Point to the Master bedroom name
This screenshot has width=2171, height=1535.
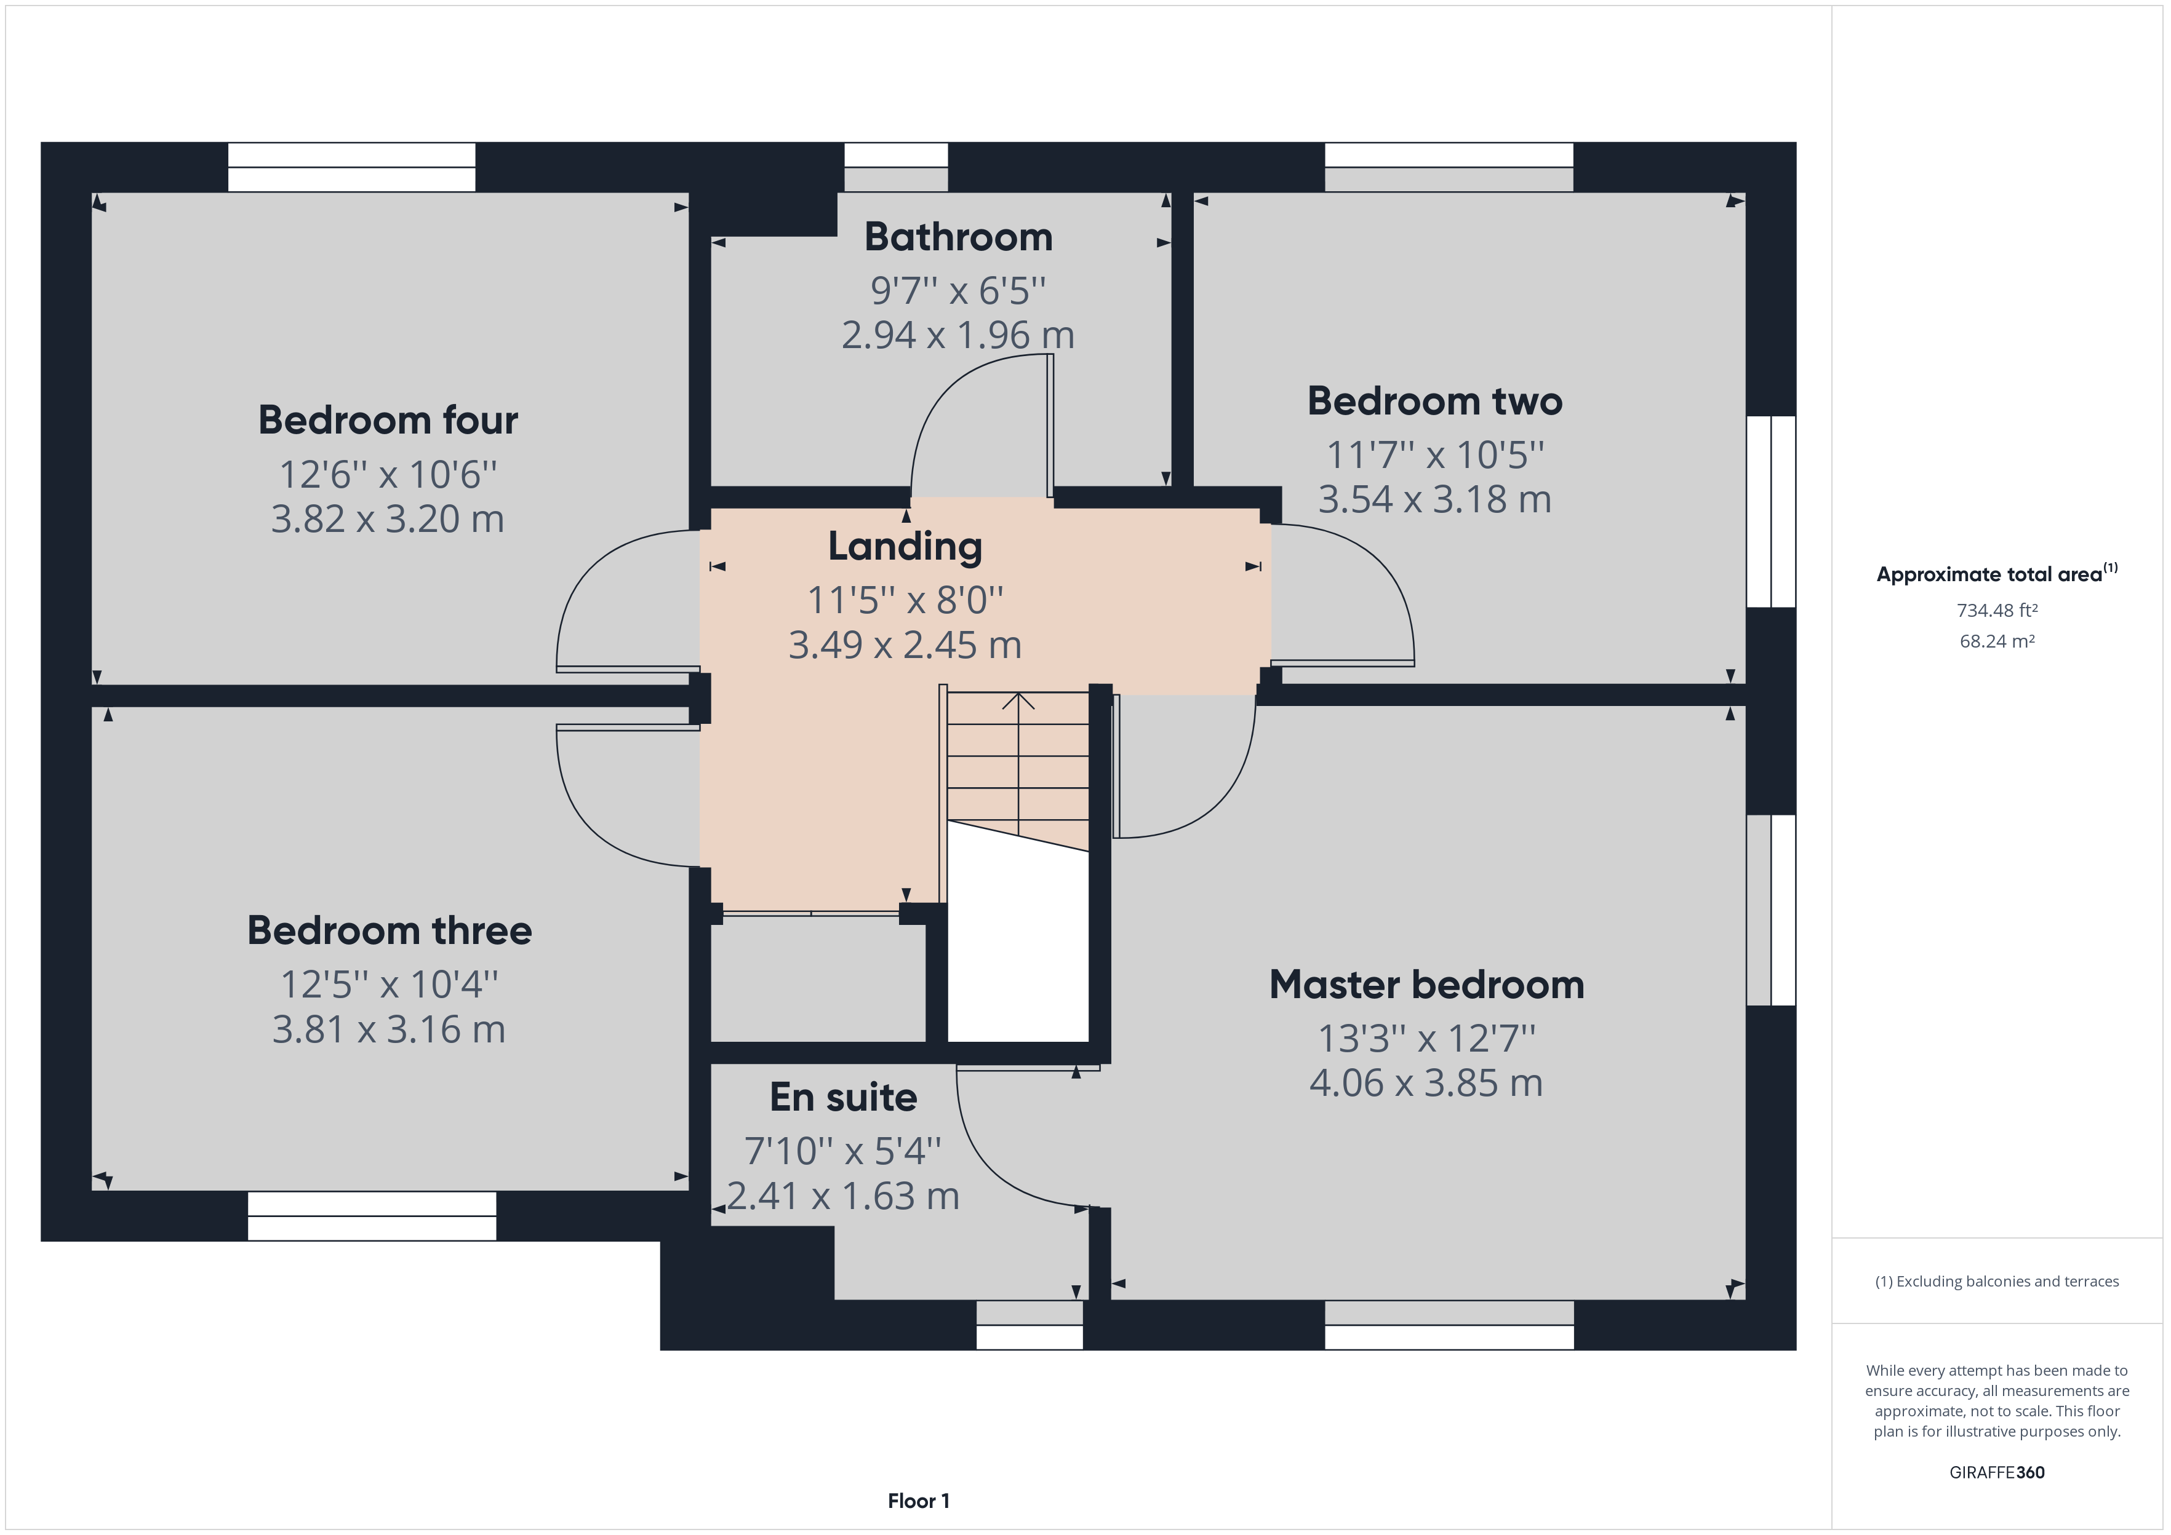coord(1426,985)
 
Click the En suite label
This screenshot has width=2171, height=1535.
coord(844,1097)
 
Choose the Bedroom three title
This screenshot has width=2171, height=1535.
coord(390,931)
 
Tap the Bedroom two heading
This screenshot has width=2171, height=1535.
coord(1434,401)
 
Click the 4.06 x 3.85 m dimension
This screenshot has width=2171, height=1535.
coord(1426,1083)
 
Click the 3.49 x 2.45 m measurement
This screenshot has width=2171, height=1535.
coord(905,645)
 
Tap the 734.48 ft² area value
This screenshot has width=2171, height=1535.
coord(1997,611)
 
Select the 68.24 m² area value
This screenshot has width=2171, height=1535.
coord(1997,641)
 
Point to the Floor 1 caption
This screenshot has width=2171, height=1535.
coord(918,1501)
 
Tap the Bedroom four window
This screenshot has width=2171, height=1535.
coord(352,167)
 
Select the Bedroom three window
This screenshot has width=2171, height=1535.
coord(372,1216)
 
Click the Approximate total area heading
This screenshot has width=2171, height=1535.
coord(1997,574)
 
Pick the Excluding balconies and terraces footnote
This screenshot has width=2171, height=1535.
coord(1997,1282)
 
